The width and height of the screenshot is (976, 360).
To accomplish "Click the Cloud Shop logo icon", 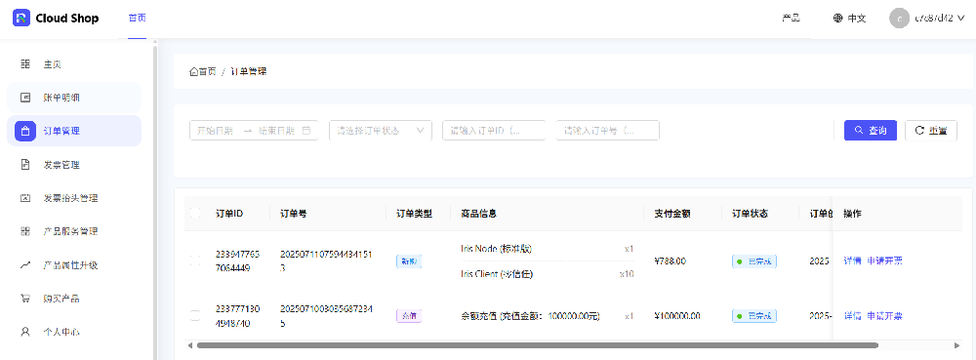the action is [x=21, y=19].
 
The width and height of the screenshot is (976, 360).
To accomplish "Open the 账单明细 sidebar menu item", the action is [x=61, y=98].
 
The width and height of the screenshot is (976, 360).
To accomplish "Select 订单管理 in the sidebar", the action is [x=61, y=131].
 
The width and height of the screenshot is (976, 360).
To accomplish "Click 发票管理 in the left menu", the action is [x=61, y=165].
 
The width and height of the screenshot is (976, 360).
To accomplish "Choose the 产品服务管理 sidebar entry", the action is [x=70, y=231].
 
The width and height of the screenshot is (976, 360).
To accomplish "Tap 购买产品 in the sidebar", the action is [x=61, y=299].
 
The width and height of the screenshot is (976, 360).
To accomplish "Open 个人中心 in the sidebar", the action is [x=61, y=332].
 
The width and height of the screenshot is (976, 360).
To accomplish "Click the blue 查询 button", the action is [x=870, y=131].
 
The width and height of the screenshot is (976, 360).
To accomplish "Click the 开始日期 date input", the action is [x=215, y=131].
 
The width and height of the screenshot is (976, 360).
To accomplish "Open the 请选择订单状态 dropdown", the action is [x=381, y=131].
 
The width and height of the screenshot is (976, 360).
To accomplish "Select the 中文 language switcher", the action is [x=849, y=19].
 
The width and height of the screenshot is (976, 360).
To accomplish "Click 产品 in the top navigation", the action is [x=792, y=19].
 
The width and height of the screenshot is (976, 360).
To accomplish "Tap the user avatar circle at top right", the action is [x=899, y=19].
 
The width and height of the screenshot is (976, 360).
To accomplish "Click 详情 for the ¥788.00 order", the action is [x=852, y=261].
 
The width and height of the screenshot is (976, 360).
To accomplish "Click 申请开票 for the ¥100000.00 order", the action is [x=884, y=316].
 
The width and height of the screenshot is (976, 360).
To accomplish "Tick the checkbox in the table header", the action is [x=195, y=214].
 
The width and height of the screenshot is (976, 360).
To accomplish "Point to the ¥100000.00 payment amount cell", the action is [x=677, y=316].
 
